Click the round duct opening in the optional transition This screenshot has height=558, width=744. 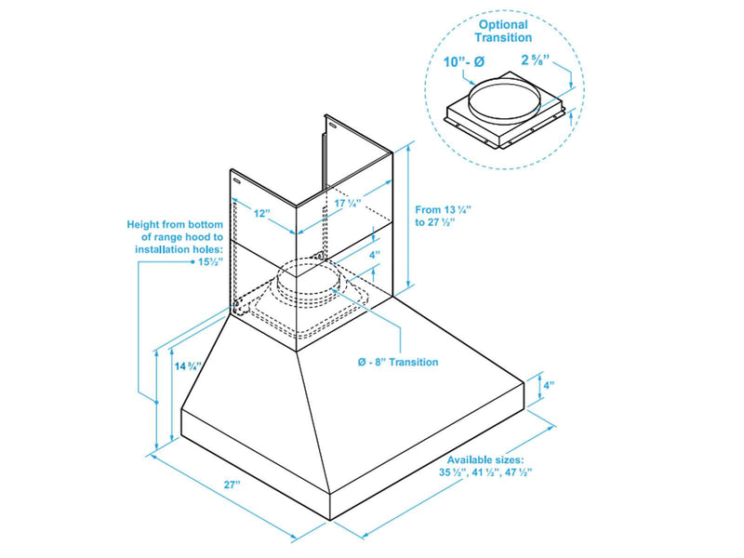point(506,100)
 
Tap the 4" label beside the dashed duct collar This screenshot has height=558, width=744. point(375,254)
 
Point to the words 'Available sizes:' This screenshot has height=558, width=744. point(485,460)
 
